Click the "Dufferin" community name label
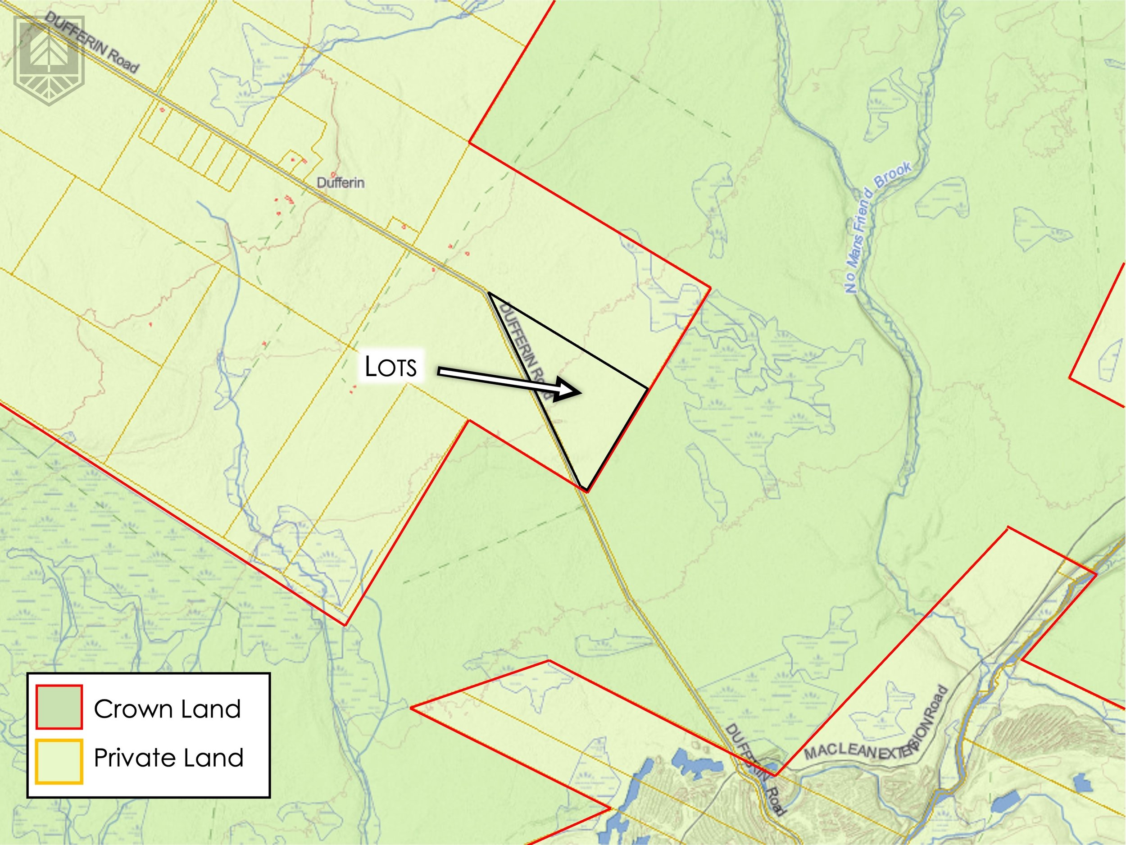tap(340, 182)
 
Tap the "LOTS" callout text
tap(391, 367)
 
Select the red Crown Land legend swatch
tap(59, 707)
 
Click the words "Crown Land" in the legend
tap(167, 709)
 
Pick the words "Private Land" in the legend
tap(168, 758)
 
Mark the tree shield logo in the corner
tap(50, 60)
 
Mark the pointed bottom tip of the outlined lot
tap(586, 491)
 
